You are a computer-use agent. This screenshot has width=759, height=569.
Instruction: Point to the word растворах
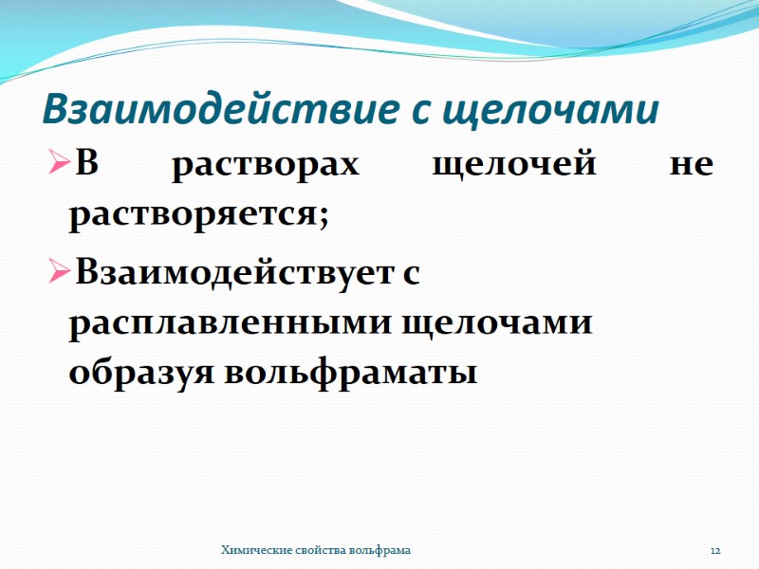point(267,166)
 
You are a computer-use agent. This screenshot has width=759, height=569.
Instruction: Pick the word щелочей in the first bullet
point(513,166)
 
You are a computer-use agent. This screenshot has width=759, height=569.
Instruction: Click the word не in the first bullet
point(691,166)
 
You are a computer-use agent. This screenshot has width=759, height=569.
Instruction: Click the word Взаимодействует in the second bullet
point(232,275)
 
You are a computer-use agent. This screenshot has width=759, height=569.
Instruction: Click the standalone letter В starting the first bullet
point(86,165)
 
